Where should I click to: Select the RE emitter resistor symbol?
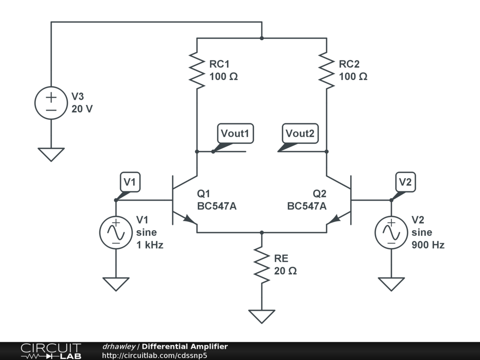click(262, 265)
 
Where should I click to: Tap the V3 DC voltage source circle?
click(51, 103)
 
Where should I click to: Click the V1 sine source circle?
click(116, 232)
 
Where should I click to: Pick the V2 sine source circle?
click(391, 232)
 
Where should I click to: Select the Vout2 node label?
click(300, 134)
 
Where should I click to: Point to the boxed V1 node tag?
click(130, 182)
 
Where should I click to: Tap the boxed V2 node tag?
click(405, 182)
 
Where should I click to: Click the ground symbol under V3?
click(51, 154)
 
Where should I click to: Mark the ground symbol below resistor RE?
click(262, 316)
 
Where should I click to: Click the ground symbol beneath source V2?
click(391, 284)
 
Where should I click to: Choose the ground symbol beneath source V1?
click(116, 284)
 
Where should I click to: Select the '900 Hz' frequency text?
click(428, 245)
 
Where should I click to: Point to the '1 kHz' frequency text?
click(150, 245)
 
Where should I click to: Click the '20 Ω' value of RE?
click(285, 271)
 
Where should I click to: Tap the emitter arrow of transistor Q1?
click(189, 219)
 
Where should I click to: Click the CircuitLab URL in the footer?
click(155, 355)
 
